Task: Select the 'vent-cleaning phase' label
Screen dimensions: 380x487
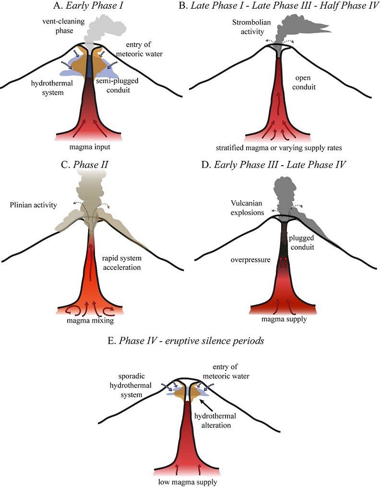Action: pos(63,26)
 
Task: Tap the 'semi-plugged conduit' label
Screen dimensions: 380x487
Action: pos(117,85)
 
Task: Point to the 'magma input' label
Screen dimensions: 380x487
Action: pos(90,146)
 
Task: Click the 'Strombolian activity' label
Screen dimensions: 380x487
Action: pos(251,27)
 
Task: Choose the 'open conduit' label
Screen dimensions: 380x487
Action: pos(303,82)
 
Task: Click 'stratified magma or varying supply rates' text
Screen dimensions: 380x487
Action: pos(279,147)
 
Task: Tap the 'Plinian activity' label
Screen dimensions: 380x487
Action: pos(33,205)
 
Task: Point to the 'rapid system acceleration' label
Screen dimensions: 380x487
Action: pos(121,263)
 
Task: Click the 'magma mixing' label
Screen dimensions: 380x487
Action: pos(90,320)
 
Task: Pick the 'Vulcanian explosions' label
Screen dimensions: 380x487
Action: pos(247,208)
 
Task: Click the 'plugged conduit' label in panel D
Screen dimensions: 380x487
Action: pos(301,243)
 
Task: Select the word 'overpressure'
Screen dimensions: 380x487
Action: pos(250,260)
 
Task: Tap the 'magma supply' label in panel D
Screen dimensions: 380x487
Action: pos(284,319)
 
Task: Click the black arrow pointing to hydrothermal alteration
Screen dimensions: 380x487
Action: pos(206,405)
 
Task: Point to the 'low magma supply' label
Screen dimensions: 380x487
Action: pos(188,482)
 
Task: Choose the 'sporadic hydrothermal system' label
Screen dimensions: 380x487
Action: pos(131,385)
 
